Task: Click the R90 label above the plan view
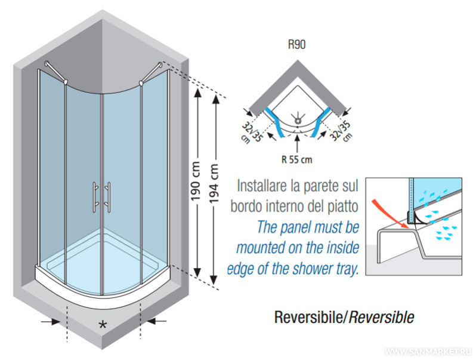(x=296, y=45)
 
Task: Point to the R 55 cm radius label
(x=297, y=159)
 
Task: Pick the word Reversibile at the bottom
(x=310, y=317)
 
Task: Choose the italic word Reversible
(x=382, y=317)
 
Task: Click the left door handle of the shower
(x=95, y=196)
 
